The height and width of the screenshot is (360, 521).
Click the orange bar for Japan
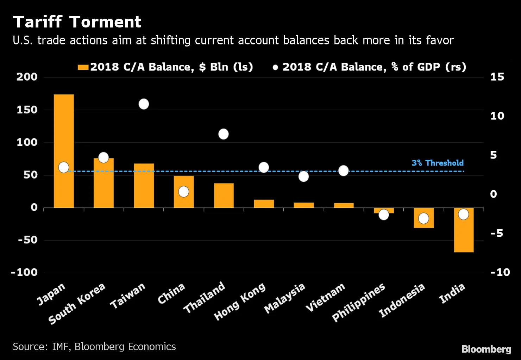pyautogui.click(x=64, y=134)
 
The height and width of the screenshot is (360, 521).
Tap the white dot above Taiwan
pyautogui.click(x=144, y=104)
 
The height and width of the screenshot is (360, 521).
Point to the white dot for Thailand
pyautogui.click(x=224, y=134)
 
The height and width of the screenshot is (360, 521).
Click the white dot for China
pyautogui.click(x=183, y=192)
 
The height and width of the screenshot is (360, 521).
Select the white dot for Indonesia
pyautogui.click(x=423, y=218)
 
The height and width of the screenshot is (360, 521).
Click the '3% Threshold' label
pyautogui.click(x=438, y=163)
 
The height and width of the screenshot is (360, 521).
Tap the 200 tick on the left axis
pyautogui.click(x=27, y=77)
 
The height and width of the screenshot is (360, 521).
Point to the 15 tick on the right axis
pyautogui.click(x=497, y=77)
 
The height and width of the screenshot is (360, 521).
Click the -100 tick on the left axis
pyautogui.click(x=24, y=272)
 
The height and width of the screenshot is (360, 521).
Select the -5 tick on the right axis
pyautogui.click(x=497, y=233)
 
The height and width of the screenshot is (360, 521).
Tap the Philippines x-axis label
pyautogui.click(x=358, y=303)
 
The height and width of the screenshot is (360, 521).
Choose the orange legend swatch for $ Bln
pyautogui.click(x=83, y=67)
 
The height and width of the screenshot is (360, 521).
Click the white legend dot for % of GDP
pyautogui.click(x=275, y=67)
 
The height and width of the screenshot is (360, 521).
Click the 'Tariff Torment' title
pyautogui.click(x=77, y=22)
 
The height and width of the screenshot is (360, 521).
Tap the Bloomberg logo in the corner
pyautogui.click(x=486, y=349)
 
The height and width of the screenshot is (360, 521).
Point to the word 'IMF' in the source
pyautogui.click(x=60, y=347)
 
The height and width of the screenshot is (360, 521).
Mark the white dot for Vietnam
pyautogui.click(x=343, y=171)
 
